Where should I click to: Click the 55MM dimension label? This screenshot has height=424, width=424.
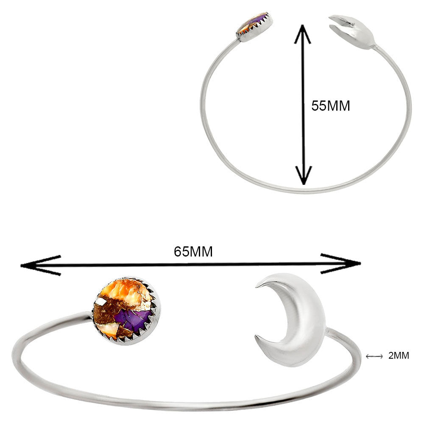[330, 106]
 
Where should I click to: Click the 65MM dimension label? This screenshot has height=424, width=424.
[193, 251]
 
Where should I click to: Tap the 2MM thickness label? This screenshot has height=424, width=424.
[399, 355]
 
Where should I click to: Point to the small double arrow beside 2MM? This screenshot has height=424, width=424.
[374, 356]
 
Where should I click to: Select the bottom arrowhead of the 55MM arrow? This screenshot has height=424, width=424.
[304, 175]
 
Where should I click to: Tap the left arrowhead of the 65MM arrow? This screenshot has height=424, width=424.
[41, 265]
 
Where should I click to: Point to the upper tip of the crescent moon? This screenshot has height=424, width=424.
[257, 286]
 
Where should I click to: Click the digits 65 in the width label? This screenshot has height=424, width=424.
[182, 251]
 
